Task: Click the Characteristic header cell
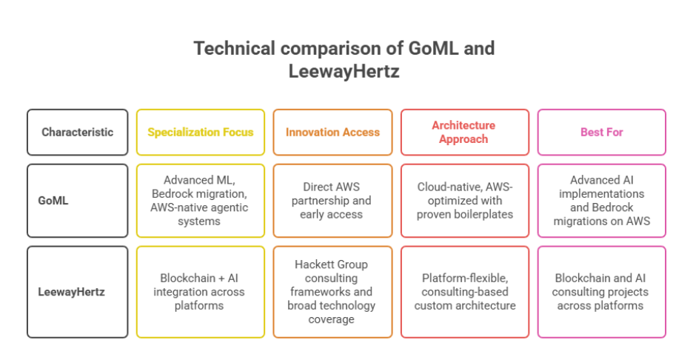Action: pos(77,133)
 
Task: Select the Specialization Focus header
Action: pos(200,133)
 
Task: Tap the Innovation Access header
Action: pos(332,133)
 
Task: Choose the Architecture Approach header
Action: pos(464,133)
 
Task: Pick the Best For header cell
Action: pos(601,133)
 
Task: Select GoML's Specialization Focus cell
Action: pos(200,200)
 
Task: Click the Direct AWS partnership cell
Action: pos(332,200)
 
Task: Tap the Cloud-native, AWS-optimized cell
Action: pos(464,200)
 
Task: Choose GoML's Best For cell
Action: pos(601,200)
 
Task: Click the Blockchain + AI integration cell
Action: pos(200,291)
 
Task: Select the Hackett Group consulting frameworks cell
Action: pos(332,291)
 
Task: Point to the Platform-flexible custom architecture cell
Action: pos(464,291)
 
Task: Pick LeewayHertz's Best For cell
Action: pos(601,291)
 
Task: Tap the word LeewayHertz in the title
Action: pos(346,73)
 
